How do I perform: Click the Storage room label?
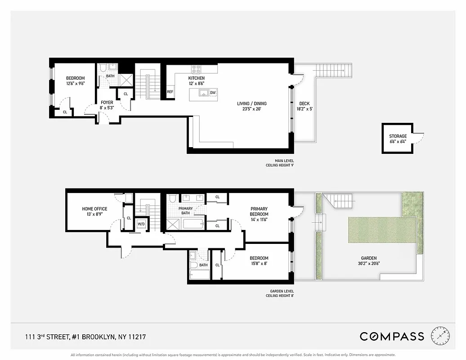click(x=398, y=136)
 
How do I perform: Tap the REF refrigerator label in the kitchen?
click(x=170, y=92)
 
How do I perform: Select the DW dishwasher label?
click(x=213, y=93)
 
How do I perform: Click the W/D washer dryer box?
click(x=141, y=224)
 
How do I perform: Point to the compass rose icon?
click(x=440, y=336)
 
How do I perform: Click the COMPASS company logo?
click(x=391, y=336)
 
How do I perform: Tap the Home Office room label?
click(x=94, y=209)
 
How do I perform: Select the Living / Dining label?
click(x=252, y=104)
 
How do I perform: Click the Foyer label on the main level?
click(x=107, y=103)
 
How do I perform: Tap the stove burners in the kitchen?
click(x=197, y=69)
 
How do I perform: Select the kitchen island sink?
click(x=203, y=93)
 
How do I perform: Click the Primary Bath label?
click(x=185, y=211)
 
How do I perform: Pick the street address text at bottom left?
click(x=85, y=337)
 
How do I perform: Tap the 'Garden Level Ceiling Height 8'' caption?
click(x=279, y=293)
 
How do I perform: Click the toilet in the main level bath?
click(x=103, y=68)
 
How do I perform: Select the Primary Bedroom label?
click(x=259, y=211)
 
